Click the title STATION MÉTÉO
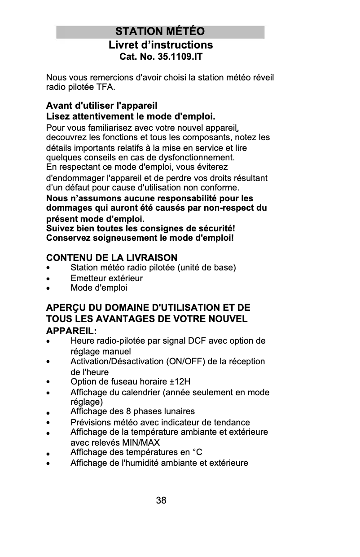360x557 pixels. pos(160,32)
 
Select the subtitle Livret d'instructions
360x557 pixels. pos(160,45)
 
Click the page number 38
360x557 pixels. pos(161,500)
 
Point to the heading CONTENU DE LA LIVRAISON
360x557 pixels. pos(112,258)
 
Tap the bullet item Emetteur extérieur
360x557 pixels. pos(106,278)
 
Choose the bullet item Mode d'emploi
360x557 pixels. pos(99,288)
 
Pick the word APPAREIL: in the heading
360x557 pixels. pos(71,331)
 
